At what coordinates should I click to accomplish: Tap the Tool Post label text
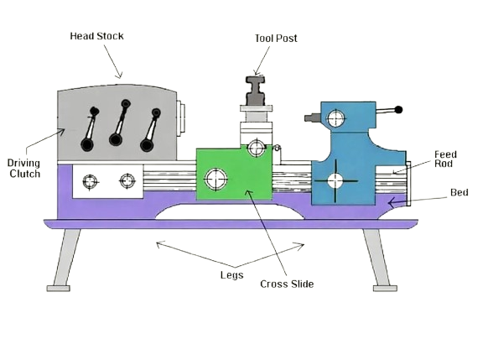click(x=275, y=38)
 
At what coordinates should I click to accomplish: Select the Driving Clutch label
click(x=24, y=168)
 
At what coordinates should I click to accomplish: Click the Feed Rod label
click(x=444, y=159)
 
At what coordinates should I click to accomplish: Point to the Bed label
click(x=459, y=192)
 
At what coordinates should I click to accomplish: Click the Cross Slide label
click(x=287, y=284)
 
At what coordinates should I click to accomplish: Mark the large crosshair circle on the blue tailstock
click(x=335, y=180)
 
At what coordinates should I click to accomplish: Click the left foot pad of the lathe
click(x=59, y=288)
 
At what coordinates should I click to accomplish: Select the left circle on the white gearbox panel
click(x=90, y=180)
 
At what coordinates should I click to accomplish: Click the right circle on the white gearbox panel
click(x=127, y=180)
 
